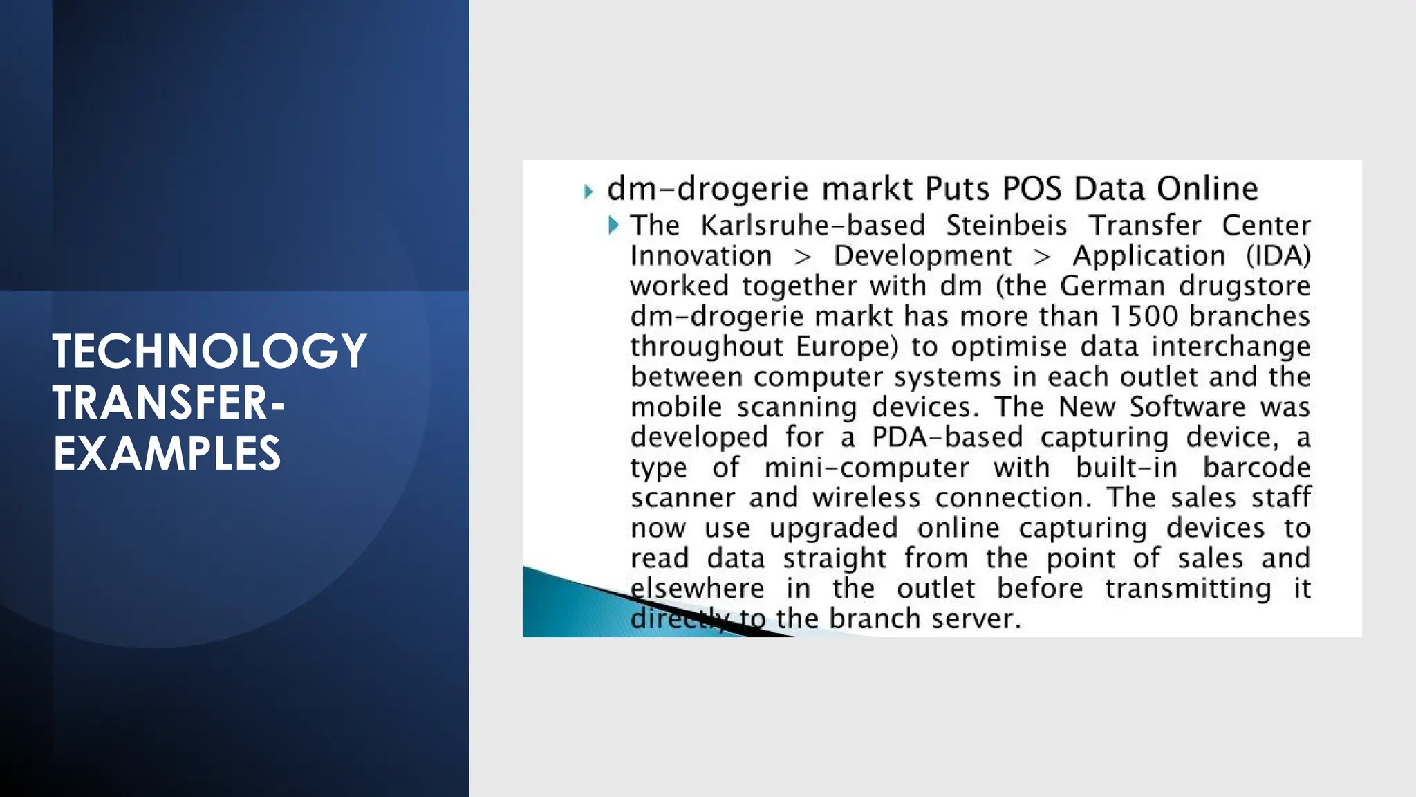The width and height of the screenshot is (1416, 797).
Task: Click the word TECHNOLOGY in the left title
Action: point(209,351)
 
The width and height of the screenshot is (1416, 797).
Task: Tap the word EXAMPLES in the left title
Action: point(167,454)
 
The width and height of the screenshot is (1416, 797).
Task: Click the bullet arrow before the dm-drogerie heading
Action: point(588,191)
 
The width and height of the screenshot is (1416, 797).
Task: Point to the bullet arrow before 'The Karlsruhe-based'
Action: point(613,225)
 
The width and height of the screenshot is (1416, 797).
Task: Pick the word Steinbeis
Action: point(1006,226)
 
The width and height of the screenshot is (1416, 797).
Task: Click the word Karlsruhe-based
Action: point(812,226)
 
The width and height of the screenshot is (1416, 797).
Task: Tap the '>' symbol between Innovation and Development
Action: point(802,257)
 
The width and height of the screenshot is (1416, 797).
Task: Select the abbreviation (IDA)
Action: point(1278,256)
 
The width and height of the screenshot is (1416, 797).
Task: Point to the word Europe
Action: point(847,346)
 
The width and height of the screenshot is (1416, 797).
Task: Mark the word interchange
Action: point(1231,347)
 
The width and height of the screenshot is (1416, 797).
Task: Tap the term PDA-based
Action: point(947,437)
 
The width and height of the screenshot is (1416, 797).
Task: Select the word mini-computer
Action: point(866,468)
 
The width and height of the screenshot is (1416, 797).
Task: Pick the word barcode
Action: point(1256,468)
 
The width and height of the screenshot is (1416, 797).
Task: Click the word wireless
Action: point(866,497)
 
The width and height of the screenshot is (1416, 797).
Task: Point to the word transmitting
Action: point(1187,589)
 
